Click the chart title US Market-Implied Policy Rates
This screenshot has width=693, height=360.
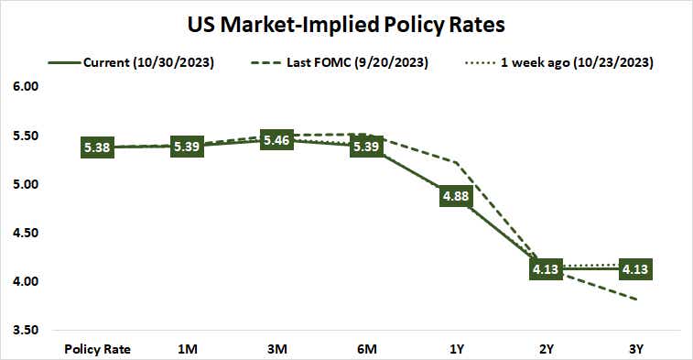pos(345,22)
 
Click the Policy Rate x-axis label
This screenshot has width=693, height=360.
pos(98,349)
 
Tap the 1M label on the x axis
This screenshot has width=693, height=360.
pos(188,349)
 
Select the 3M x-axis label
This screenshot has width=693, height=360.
pos(277,349)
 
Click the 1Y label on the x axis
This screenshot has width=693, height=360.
pos(456,349)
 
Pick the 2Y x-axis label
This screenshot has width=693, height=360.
pos(546,349)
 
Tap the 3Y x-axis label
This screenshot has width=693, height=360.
pos(635,349)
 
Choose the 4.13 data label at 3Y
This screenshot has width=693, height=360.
pos(635,268)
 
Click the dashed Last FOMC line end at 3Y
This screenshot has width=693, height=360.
pos(636,300)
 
